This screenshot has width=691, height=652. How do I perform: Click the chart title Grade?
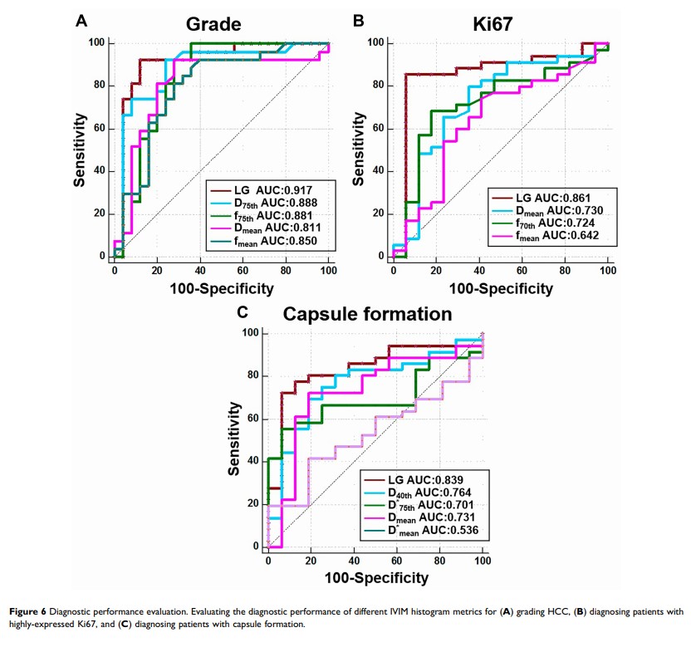[x=213, y=24]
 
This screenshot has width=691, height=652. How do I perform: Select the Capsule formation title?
[x=368, y=314]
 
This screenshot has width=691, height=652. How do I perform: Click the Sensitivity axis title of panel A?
[x=81, y=150]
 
